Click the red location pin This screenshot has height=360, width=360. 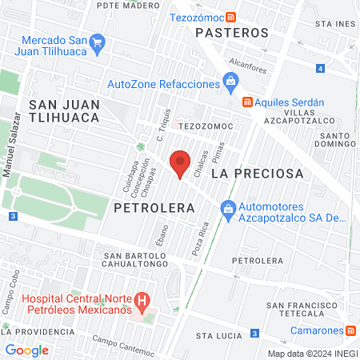tap(181, 163)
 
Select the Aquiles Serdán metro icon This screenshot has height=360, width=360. tap(248, 102)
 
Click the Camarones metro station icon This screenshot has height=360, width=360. tap(351, 330)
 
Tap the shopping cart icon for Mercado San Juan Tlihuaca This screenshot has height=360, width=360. tap(98, 42)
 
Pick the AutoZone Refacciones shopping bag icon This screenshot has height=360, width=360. tap(230, 80)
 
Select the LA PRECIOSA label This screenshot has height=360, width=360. tap(258, 173)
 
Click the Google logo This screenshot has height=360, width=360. tap(26, 350)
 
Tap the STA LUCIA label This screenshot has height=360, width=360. tap(218, 336)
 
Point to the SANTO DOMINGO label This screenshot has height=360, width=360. tap(335, 142)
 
